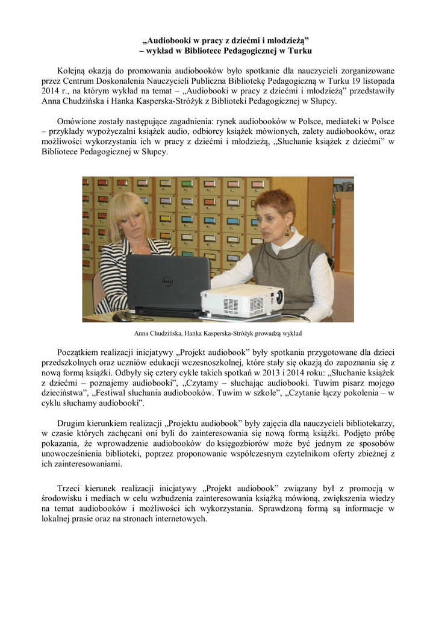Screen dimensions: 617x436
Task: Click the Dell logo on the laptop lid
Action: click(168, 283)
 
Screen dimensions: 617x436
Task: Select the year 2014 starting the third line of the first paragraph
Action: click(51, 90)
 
